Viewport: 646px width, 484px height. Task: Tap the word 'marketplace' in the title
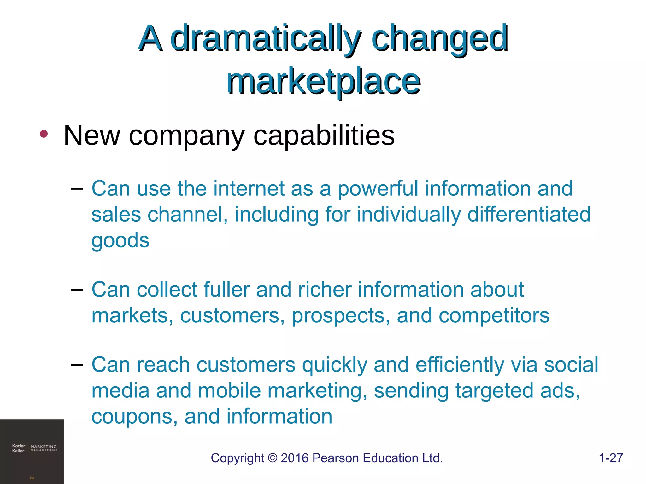click(323, 82)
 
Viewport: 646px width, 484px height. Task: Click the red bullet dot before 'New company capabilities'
click(44, 134)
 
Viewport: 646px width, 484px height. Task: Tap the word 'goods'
click(120, 241)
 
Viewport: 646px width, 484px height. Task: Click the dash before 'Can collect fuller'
click(77, 289)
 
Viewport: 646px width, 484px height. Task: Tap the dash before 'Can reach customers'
click(77, 365)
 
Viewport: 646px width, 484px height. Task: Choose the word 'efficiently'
click(460, 365)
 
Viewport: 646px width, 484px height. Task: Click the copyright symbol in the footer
click(272, 458)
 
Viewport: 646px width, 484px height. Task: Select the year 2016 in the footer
click(295, 458)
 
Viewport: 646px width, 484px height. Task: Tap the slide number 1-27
click(611, 458)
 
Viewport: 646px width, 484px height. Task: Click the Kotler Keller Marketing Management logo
click(34, 448)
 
